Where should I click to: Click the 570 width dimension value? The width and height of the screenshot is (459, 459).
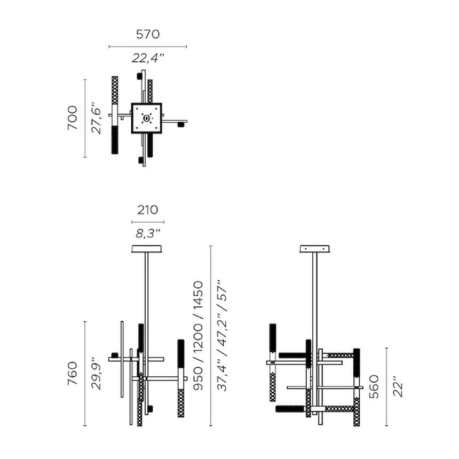click(148, 35)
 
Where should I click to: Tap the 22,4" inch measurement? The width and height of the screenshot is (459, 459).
click(148, 59)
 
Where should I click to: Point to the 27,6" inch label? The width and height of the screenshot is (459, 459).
click(97, 118)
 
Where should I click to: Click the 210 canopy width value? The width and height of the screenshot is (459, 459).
click(148, 210)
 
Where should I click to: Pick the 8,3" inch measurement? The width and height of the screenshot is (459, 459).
click(148, 233)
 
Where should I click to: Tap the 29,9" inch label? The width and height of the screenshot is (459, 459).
click(97, 373)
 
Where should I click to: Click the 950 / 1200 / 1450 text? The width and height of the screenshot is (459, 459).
click(198, 336)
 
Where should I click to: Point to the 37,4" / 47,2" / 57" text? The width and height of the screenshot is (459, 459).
click(222, 336)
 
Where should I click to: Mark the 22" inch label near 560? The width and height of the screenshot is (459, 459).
click(397, 386)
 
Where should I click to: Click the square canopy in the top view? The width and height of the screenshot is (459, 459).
click(146, 118)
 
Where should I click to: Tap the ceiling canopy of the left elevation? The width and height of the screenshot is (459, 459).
click(147, 249)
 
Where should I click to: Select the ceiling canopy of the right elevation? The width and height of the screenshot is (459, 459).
click(315, 249)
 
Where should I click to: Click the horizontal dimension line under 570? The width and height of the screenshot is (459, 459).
click(148, 47)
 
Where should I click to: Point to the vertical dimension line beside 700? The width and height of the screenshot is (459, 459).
click(85, 118)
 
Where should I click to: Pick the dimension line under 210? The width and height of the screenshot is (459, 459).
click(148, 221)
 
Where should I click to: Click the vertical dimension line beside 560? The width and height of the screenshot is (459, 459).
click(386, 386)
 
